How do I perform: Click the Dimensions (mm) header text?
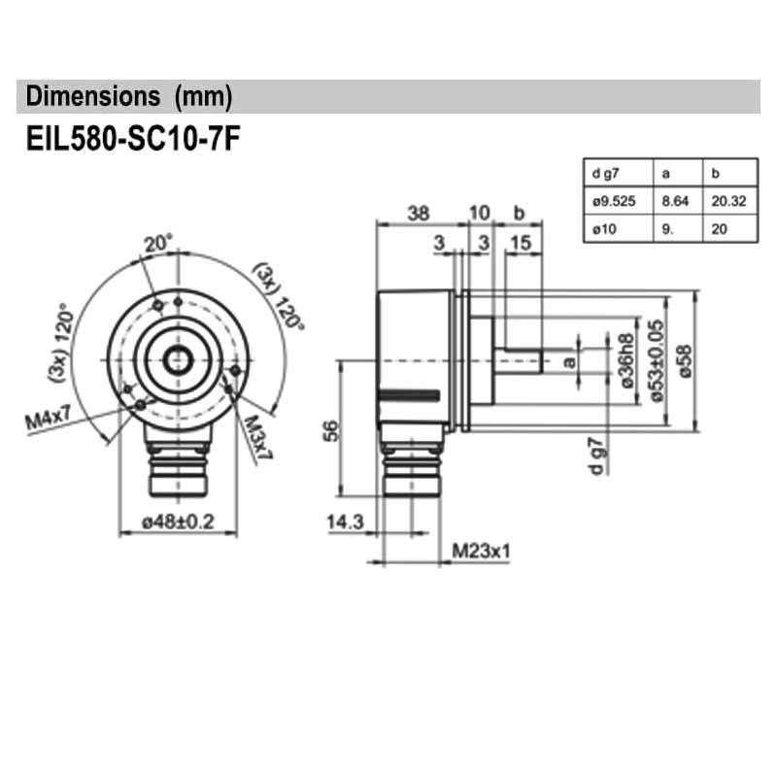[129, 97]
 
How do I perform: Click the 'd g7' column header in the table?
[604, 175]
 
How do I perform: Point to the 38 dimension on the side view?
[418, 214]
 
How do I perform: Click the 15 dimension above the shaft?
[521, 243]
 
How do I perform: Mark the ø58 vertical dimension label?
[686, 359]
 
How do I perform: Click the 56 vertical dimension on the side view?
[328, 429]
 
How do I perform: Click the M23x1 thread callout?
[482, 552]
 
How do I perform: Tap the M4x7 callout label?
[49, 421]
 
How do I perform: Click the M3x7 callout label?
[257, 437]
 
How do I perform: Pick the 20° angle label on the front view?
[157, 243]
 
